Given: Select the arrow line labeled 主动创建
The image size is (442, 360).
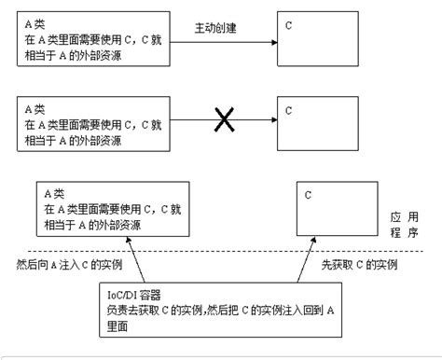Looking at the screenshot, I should click(224, 42).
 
